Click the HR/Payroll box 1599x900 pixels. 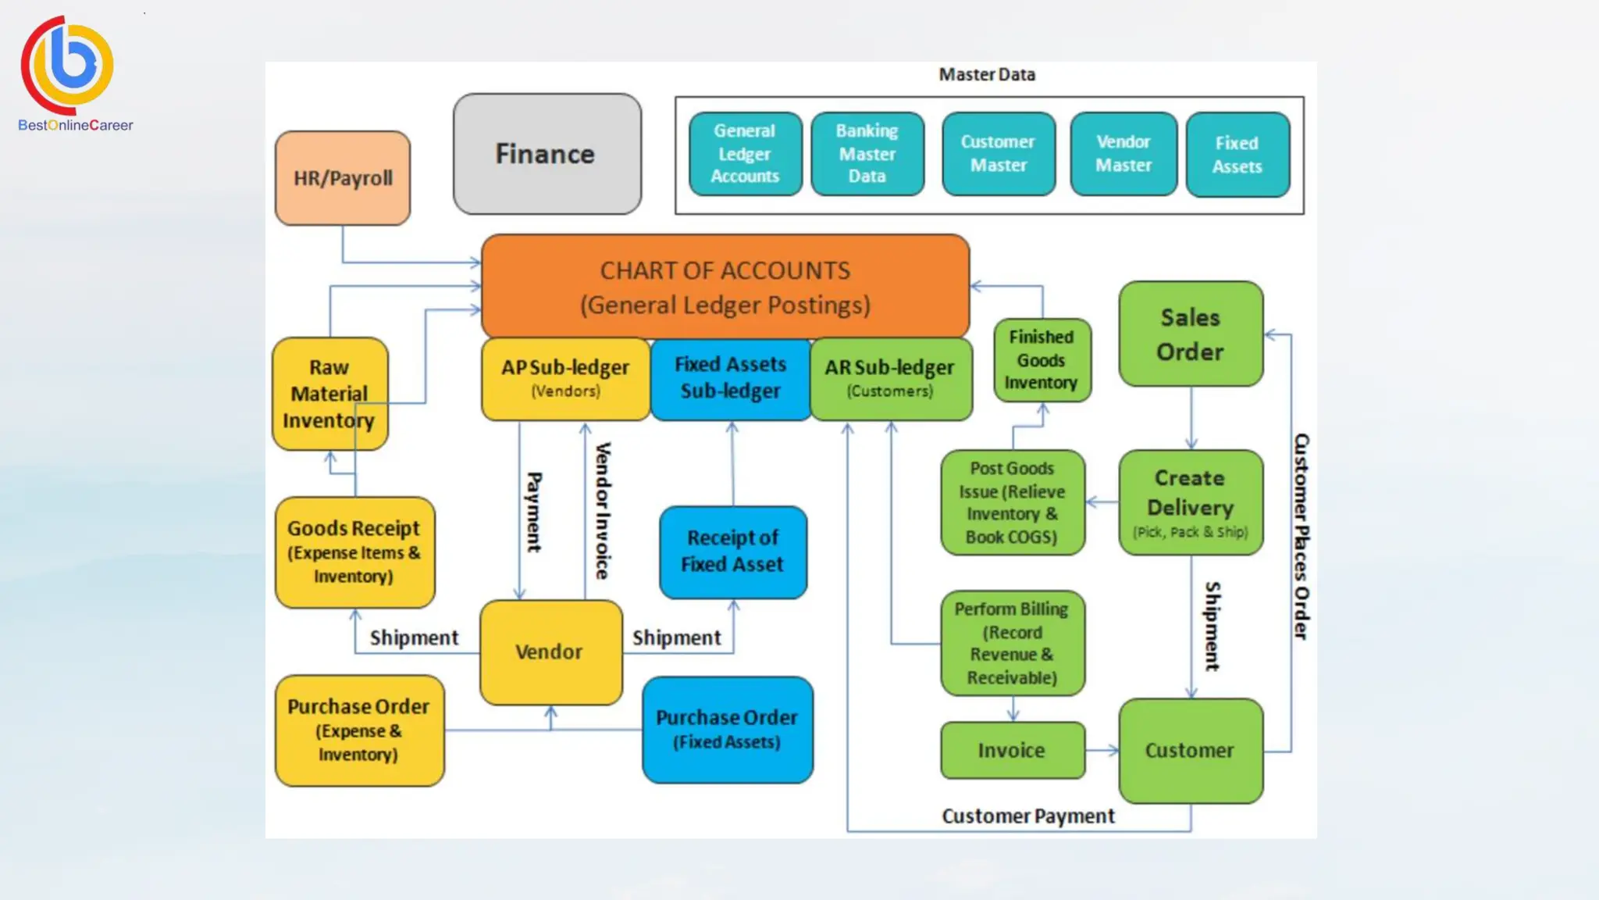[x=343, y=178]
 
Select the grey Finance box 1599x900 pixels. [x=547, y=154]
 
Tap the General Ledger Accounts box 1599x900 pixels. [x=745, y=154]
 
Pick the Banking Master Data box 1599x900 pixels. [x=867, y=154]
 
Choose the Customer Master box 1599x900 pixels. [x=998, y=154]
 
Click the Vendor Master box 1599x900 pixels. [x=1124, y=154]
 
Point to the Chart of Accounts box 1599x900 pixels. [x=725, y=287]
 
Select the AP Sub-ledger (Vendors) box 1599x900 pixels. [x=565, y=379]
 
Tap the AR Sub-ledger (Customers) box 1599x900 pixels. [x=891, y=379]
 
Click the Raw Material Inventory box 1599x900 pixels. [x=329, y=394]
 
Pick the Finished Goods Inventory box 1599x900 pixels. [x=1042, y=360]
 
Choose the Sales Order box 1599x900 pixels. [x=1191, y=334]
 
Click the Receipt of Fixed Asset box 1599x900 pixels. [x=732, y=552]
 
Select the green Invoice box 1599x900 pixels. [x=1012, y=750]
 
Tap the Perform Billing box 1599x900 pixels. [x=1012, y=643]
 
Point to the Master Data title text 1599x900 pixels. [x=987, y=75]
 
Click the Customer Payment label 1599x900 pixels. [x=1028, y=816]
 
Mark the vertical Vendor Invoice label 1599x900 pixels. [x=603, y=511]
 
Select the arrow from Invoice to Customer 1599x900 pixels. [x=1102, y=751]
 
